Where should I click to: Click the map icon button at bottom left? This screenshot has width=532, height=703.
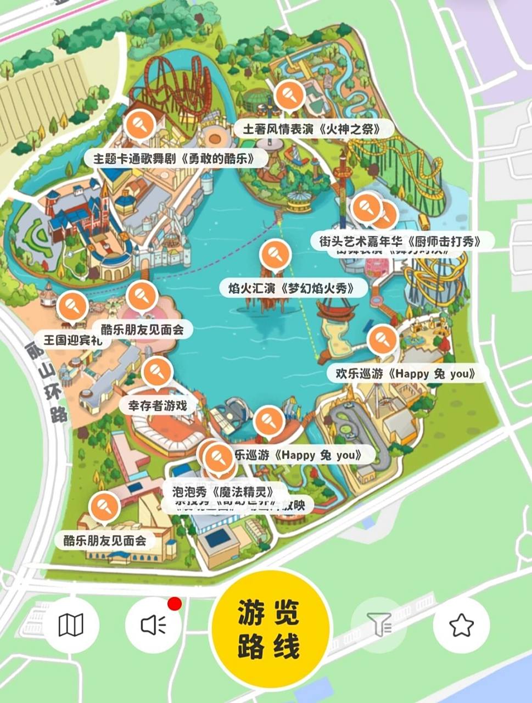(x=71, y=625)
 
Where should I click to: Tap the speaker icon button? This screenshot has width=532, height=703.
(x=153, y=625)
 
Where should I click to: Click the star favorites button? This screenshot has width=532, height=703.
(x=461, y=625)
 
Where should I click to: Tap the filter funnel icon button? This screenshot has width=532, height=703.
(x=379, y=625)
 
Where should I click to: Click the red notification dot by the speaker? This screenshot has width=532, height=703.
(x=175, y=604)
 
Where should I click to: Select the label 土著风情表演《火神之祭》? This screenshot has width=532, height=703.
(x=311, y=130)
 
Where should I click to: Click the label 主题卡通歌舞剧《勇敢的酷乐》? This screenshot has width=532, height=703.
(x=174, y=159)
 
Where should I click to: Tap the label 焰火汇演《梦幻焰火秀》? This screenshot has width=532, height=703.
(x=291, y=288)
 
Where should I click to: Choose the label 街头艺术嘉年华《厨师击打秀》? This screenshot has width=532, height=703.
(x=400, y=241)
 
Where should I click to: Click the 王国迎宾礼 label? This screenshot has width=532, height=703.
(x=72, y=340)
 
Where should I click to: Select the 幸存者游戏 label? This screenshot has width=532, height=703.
(x=158, y=406)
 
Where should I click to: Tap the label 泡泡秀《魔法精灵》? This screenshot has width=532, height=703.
(x=223, y=490)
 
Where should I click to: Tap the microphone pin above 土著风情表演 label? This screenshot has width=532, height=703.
(x=289, y=95)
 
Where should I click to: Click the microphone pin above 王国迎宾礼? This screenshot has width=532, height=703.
(x=72, y=306)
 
